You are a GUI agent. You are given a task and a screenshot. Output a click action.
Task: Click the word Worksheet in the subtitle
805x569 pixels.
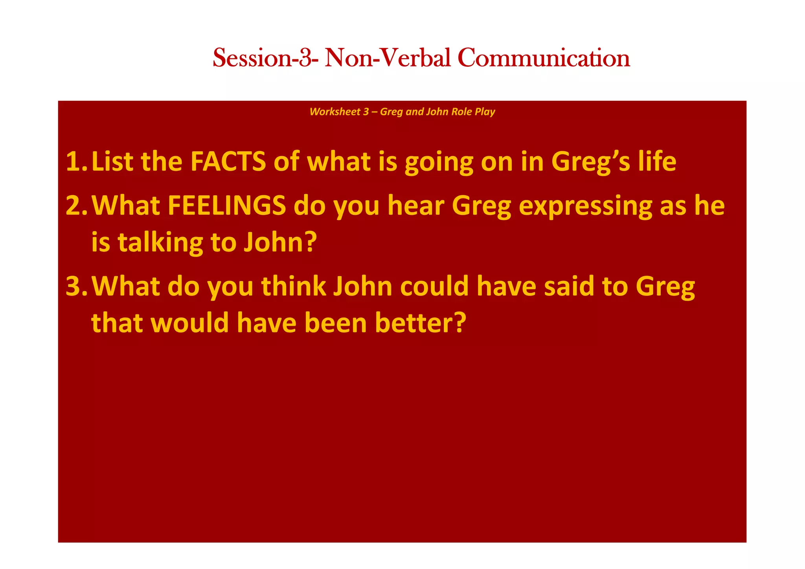coord(335,112)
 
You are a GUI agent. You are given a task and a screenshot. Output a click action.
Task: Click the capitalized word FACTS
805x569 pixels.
coord(228,162)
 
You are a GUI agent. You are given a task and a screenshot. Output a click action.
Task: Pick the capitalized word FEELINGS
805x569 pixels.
coord(227,206)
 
